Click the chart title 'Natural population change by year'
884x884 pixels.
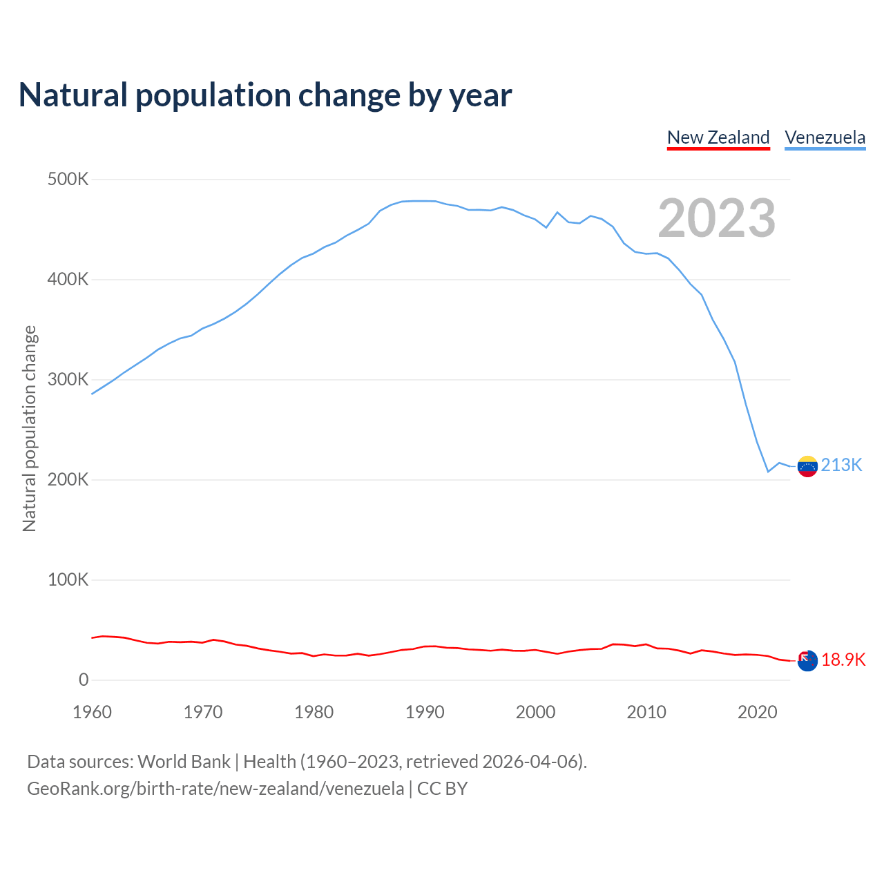pyautogui.click(x=265, y=95)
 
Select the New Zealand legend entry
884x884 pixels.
pyautogui.click(x=718, y=137)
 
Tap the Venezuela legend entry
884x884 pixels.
pyautogui.click(x=825, y=137)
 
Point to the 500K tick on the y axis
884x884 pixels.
pyautogui.click(x=68, y=180)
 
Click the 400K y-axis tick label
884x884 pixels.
pyautogui.click(x=68, y=280)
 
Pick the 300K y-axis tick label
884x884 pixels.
pyautogui.click(x=68, y=380)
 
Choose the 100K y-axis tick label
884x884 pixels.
pyautogui.click(x=68, y=579)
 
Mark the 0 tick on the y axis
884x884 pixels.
pyautogui.click(x=84, y=680)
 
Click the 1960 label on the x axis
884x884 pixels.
pyautogui.click(x=92, y=712)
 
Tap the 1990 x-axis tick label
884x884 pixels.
pyautogui.click(x=425, y=712)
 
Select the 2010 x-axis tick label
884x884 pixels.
pyautogui.click(x=646, y=712)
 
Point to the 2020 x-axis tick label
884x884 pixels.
pyautogui.click(x=758, y=712)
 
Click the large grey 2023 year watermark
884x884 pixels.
pyautogui.click(x=716, y=218)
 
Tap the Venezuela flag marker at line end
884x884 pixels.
pyautogui.click(x=807, y=466)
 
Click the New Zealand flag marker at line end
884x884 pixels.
pyautogui.click(x=807, y=661)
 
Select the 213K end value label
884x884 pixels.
pyautogui.click(x=841, y=465)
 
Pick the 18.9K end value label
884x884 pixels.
pyautogui.click(x=843, y=660)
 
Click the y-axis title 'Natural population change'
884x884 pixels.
pyautogui.click(x=30, y=428)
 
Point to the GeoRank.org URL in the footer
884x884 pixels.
pyautogui.click(x=215, y=789)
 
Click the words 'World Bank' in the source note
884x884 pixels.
pyautogui.click(x=184, y=762)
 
